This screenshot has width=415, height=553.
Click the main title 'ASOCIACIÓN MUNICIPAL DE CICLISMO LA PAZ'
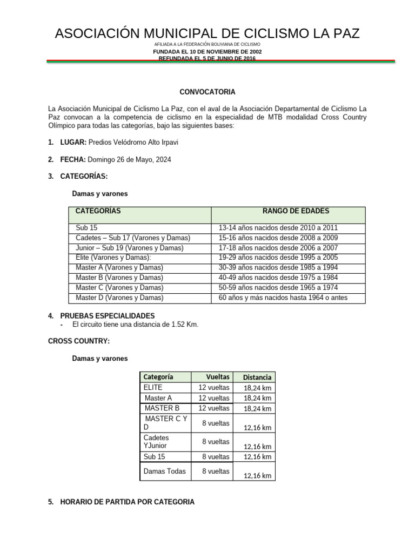point(207,33)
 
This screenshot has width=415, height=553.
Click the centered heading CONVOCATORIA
point(207,92)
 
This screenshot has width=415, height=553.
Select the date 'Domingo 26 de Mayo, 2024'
point(129,160)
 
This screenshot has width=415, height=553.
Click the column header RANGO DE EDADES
point(288,211)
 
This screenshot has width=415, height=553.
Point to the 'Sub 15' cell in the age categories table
point(87,228)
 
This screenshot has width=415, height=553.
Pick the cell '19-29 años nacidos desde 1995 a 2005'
point(278,258)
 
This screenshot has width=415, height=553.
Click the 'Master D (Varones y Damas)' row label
point(119,298)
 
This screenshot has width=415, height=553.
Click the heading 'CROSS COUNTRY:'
point(79,341)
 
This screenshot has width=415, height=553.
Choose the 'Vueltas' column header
point(218,376)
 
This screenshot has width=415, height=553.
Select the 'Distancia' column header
point(257,377)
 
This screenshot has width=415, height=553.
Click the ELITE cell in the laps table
point(153,387)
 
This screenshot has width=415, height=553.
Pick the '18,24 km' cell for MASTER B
point(257,409)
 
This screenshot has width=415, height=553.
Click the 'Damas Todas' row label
point(165,471)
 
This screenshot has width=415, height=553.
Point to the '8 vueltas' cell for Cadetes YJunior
point(216,442)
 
